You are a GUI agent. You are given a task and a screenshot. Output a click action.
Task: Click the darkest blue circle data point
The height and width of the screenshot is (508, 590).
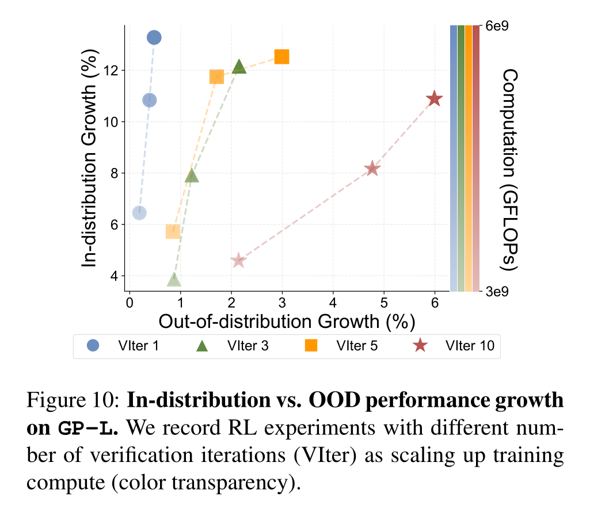click(154, 37)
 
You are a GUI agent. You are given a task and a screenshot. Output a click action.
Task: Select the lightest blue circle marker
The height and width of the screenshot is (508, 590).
click(139, 213)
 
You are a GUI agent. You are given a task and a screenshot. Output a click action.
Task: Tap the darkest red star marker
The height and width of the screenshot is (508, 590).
click(434, 99)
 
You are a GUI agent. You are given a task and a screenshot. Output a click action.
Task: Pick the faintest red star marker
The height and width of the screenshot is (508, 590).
click(238, 261)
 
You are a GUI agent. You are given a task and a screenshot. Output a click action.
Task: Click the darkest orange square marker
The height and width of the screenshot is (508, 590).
click(281, 56)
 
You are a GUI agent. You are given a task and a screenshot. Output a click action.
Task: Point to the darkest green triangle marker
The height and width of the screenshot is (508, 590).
click(239, 67)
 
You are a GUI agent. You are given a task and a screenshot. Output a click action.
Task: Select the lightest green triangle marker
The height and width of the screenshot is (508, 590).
click(174, 280)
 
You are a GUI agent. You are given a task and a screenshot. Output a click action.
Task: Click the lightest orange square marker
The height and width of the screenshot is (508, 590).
click(173, 231)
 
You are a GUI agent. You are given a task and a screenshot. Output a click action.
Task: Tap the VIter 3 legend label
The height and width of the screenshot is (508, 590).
click(248, 345)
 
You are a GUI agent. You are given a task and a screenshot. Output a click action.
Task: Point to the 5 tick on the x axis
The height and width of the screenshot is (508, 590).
click(384, 302)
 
